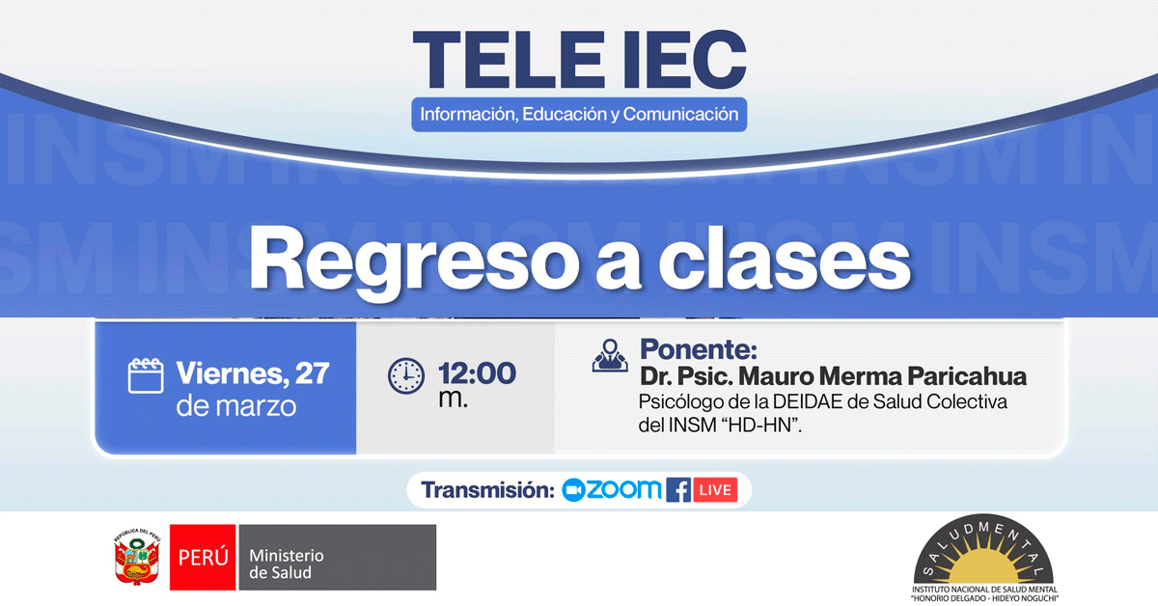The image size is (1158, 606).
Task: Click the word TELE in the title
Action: (x=509, y=60)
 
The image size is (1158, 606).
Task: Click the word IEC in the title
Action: (x=685, y=60)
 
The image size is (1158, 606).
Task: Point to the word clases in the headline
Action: (x=784, y=259)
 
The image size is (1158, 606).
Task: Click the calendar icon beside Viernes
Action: (x=146, y=375)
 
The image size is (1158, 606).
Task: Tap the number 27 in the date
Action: (x=312, y=372)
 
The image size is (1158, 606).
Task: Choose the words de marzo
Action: (x=236, y=406)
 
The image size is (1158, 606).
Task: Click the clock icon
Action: (x=406, y=376)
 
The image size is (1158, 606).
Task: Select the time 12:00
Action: (x=477, y=372)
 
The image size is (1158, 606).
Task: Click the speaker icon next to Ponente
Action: (x=610, y=355)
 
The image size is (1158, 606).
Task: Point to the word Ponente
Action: (x=699, y=349)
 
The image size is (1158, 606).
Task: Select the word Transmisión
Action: (x=487, y=489)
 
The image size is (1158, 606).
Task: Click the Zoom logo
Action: (x=611, y=489)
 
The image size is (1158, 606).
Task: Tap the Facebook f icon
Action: (x=678, y=489)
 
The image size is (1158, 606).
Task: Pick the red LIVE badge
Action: (x=715, y=489)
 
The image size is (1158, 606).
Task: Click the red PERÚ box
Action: (x=203, y=558)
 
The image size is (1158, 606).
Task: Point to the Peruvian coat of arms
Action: (x=137, y=557)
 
